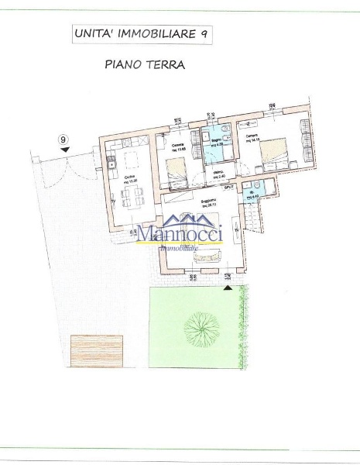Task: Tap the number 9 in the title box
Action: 204,34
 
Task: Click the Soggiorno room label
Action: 207,200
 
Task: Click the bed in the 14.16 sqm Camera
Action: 276,151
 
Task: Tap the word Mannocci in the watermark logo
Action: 180,232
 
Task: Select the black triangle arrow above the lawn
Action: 228,287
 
